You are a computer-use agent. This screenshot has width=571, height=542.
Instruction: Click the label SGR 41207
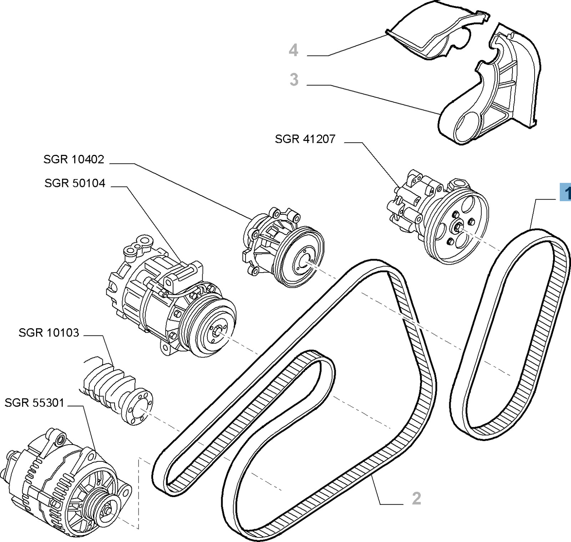305,139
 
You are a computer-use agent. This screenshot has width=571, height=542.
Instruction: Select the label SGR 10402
74,159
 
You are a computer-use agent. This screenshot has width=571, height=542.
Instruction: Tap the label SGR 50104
75,183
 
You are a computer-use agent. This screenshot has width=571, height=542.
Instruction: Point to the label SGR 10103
49,333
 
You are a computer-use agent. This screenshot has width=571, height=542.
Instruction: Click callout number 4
293,50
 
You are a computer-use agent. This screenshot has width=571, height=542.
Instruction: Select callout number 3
294,80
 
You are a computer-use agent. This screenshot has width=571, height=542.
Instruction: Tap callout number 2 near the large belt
416,498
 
